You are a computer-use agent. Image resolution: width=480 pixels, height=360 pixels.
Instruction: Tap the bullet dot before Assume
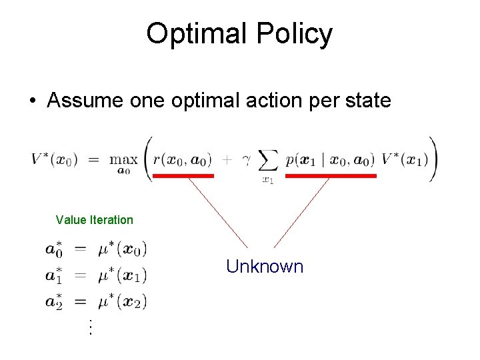point(32,101)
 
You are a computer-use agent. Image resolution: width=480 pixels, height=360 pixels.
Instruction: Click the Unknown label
point(264,267)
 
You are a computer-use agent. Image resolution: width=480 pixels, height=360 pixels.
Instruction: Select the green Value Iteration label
point(94,220)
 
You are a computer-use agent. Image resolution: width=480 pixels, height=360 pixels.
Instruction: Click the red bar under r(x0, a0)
point(183,176)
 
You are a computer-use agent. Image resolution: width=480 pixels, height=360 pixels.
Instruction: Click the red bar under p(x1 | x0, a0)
point(331,176)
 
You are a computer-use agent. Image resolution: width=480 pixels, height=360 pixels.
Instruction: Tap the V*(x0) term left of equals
point(54,159)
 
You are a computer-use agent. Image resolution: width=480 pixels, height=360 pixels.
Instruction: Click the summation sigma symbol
point(267,161)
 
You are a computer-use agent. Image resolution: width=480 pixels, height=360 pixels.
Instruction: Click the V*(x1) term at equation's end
point(404,159)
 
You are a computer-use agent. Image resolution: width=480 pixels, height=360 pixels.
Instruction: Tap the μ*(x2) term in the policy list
point(122,301)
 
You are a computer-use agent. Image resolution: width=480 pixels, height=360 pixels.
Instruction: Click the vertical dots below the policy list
point(89,327)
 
